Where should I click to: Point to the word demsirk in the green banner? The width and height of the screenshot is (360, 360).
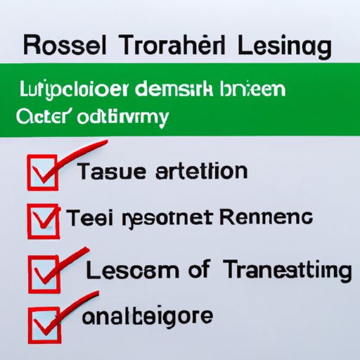(178, 91)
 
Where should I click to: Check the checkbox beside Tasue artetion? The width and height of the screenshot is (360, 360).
(41, 172)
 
